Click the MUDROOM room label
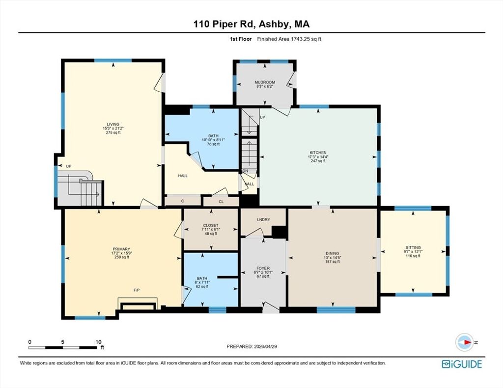click(x=265, y=82)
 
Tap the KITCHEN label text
click(x=318, y=153)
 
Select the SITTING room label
click(x=413, y=248)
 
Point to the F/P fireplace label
click(x=137, y=290)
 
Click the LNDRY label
click(x=263, y=220)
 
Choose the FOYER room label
click(x=263, y=268)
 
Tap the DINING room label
click(x=333, y=254)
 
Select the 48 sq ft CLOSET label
click(x=211, y=225)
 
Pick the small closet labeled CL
click(x=221, y=202)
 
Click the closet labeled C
click(x=183, y=201)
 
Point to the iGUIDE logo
click(x=462, y=364)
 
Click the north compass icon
click(x=464, y=342)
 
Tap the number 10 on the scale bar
click(x=98, y=342)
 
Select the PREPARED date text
click(x=251, y=346)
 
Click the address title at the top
click(x=251, y=25)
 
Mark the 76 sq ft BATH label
click(x=213, y=136)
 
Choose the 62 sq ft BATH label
click(x=202, y=279)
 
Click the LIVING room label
click(x=113, y=124)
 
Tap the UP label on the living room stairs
click(x=69, y=166)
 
